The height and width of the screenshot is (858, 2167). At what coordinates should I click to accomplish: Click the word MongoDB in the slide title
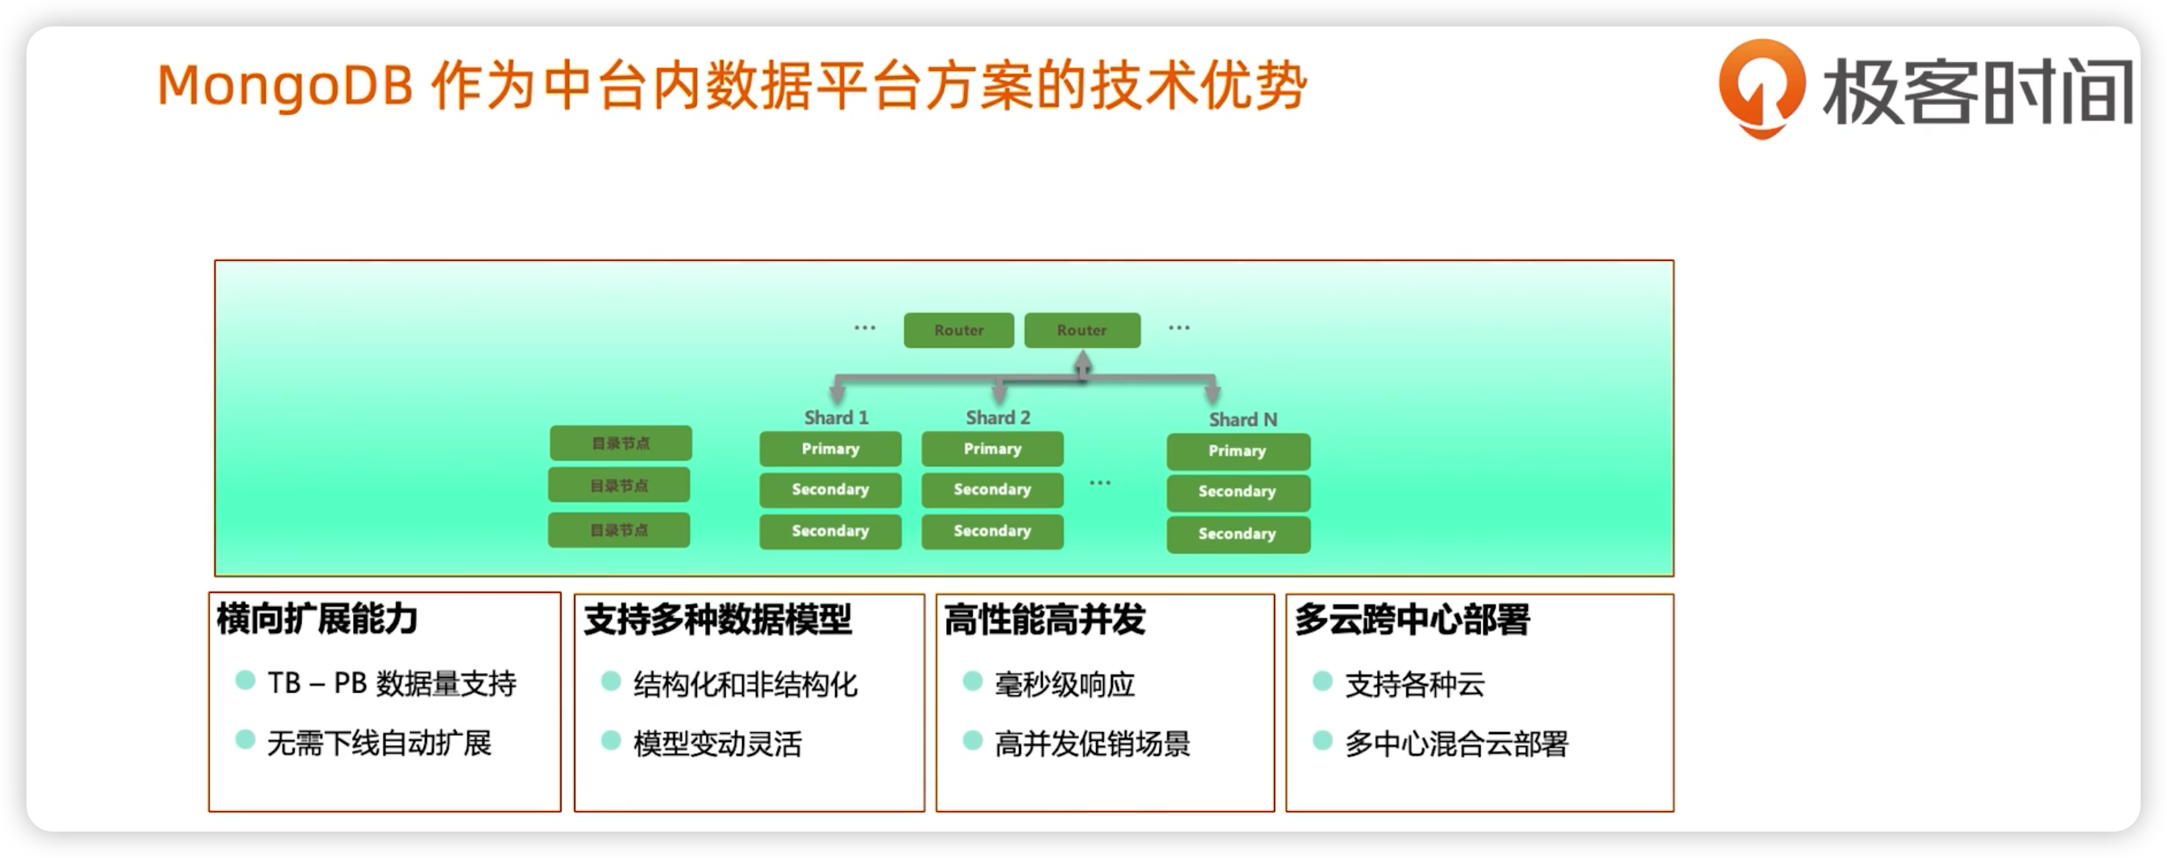point(285,87)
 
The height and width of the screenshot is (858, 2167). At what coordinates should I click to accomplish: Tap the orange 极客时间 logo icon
point(1761,86)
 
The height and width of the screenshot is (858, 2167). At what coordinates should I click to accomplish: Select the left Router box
point(958,330)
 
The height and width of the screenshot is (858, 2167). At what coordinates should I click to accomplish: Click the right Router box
point(1082,330)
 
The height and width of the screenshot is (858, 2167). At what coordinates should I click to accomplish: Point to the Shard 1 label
point(836,417)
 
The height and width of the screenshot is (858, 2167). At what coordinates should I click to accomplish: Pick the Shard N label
point(1243,419)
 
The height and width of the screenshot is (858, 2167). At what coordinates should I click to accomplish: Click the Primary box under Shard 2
point(992,448)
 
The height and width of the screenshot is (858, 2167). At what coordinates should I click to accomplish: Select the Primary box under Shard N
point(1238,451)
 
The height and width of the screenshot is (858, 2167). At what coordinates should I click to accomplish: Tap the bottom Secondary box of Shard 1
point(830,531)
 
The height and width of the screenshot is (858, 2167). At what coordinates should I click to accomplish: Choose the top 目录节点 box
point(621,443)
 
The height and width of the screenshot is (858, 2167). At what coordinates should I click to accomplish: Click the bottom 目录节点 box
point(619,530)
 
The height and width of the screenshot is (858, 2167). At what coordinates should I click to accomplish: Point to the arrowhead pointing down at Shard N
point(1212,392)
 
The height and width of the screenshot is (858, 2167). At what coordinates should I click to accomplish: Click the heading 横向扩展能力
point(317,618)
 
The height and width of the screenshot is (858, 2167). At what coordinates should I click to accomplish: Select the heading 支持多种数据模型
point(717,619)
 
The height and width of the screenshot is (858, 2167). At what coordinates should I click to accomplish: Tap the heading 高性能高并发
point(1044,619)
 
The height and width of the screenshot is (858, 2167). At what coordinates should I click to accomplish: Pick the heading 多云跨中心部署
point(1411,619)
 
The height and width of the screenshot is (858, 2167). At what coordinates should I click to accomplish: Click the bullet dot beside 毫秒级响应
point(973,681)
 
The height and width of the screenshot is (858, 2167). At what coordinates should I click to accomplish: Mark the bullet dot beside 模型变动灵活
point(612,740)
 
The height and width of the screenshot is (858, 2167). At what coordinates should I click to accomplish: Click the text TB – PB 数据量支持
point(391,683)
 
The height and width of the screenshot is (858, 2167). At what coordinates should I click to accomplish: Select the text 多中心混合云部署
point(1456,744)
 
